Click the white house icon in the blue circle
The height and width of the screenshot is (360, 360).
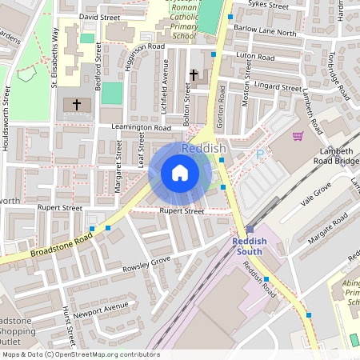[180, 173]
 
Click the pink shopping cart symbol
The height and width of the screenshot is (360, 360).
[298, 137]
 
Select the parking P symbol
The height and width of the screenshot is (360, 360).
[260, 154]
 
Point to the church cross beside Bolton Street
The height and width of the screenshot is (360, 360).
[193, 75]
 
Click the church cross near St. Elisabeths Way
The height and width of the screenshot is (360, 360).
[77, 104]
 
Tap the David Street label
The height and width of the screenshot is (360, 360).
[99, 16]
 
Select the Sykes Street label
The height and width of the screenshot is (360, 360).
[268, 5]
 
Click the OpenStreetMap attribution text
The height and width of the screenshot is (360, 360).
[81, 354]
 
